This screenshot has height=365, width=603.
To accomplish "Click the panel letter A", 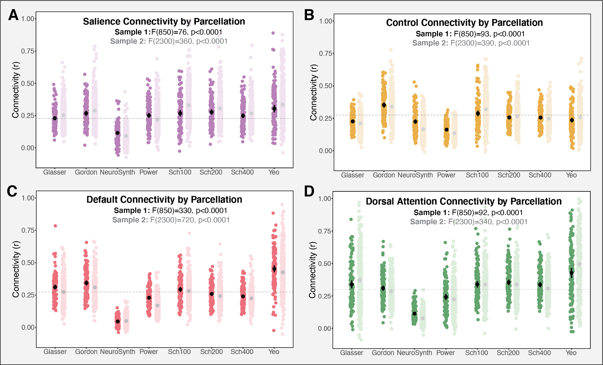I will (x=13, y=15).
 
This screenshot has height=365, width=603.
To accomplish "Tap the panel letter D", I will (x=309, y=192).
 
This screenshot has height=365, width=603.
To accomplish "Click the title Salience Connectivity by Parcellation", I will (x=164, y=21).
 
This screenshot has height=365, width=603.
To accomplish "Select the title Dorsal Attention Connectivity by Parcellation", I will (x=464, y=201).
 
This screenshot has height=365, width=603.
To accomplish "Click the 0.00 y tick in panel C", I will (x=28, y=327).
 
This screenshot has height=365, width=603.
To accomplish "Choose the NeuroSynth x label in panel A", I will (x=117, y=172).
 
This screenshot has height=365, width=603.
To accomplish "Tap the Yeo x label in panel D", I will (x=571, y=353).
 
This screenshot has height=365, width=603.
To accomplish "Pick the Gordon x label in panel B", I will (x=384, y=175).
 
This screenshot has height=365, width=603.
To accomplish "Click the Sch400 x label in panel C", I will (x=242, y=352).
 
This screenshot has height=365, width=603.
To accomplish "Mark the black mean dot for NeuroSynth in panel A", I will (x=118, y=133).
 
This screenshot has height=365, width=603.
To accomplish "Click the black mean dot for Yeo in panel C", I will (x=274, y=269).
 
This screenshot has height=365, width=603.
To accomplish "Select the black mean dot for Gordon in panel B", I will (x=384, y=105).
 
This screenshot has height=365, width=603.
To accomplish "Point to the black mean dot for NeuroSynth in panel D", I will (x=415, y=314).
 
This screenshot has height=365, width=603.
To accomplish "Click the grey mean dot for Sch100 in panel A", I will (x=188, y=105).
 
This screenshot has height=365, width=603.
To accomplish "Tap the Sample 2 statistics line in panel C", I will (x=171, y=220).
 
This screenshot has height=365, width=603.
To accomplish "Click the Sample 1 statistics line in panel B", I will (x=470, y=34).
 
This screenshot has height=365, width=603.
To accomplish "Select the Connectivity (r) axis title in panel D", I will (x=312, y=270).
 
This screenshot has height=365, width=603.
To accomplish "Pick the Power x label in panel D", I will (x=446, y=353).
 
